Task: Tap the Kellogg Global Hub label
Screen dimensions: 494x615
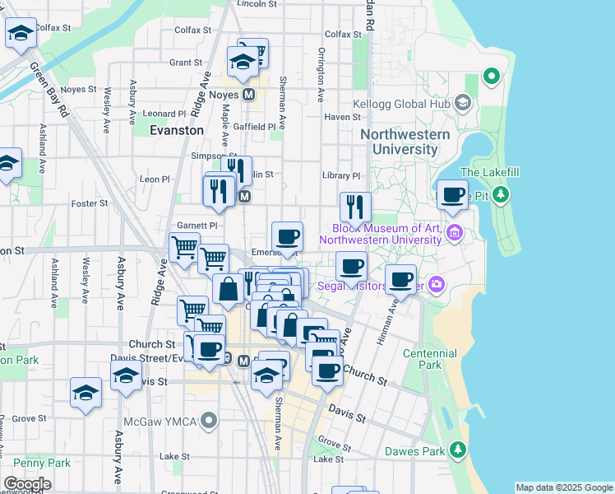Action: click(405, 104)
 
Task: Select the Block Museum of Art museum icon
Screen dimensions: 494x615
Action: click(454, 235)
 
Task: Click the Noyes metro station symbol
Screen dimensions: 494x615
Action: click(248, 95)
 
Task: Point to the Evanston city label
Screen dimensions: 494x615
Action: click(177, 130)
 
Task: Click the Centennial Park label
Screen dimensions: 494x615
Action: click(430, 359)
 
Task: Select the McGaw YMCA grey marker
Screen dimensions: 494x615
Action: click(210, 422)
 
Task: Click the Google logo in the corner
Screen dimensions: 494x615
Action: click(27, 484)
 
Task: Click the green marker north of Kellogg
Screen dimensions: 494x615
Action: click(492, 77)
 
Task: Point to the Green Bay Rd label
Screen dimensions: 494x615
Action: click(49, 90)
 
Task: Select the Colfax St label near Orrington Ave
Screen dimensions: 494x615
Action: click(343, 34)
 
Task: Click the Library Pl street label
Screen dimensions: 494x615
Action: click(341, 175)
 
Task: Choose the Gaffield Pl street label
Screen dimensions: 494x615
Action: click(254, 127)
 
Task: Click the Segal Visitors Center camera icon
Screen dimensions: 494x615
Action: click(436, 285)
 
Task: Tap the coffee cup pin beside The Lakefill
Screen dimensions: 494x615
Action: click(451, 196)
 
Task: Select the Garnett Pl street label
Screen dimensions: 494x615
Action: click(197, 225)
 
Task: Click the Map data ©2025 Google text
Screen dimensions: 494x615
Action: click(563, 487)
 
